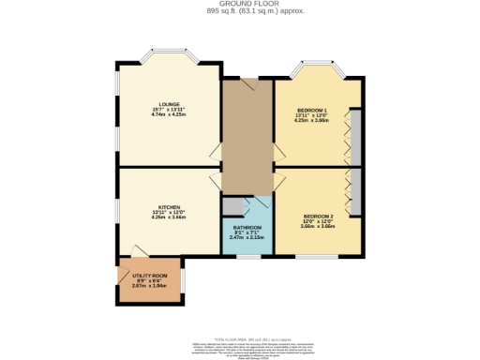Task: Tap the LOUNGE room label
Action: (170, 104)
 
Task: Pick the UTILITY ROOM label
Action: (150, 277)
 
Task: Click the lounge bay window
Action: (169, 56)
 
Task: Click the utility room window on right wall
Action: (183, 279)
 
